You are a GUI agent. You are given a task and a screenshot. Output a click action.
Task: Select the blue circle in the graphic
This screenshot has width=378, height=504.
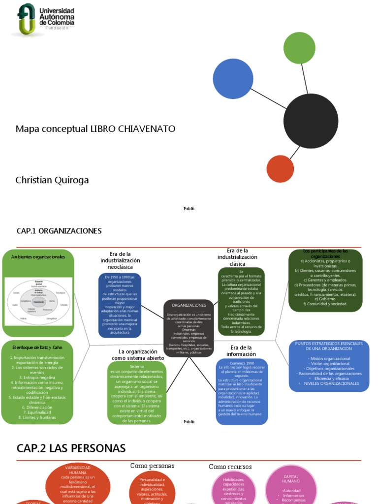(x=233, y=79)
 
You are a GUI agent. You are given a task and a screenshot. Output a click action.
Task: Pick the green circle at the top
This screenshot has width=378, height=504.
(x=299, y=48)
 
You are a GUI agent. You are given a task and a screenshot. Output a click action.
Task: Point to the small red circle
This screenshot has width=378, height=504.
(x=280, y=169)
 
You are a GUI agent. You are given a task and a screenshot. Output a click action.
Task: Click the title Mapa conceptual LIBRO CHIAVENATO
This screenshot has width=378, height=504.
(x=95, y=129)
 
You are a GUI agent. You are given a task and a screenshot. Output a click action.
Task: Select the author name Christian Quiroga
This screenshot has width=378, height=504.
(x=52, y=180)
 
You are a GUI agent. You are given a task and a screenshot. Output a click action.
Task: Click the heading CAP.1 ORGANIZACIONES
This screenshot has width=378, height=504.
(x=59, y=231)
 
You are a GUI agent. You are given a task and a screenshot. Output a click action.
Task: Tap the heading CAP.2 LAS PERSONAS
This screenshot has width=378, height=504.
(x=71, y=448)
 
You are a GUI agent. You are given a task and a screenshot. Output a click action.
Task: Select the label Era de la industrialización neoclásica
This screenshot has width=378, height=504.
(x=120, y=260)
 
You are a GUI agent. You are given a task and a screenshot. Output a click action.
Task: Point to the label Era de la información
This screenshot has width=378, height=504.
(x=241, y=350)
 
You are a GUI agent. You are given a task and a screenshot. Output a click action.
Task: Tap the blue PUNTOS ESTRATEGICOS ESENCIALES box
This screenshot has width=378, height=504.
(x=328, y=365)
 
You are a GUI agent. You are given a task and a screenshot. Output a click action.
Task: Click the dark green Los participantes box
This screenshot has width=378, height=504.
(x=325, y=281)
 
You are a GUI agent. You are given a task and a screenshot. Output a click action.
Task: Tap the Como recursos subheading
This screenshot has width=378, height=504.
(x=230, y=467)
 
